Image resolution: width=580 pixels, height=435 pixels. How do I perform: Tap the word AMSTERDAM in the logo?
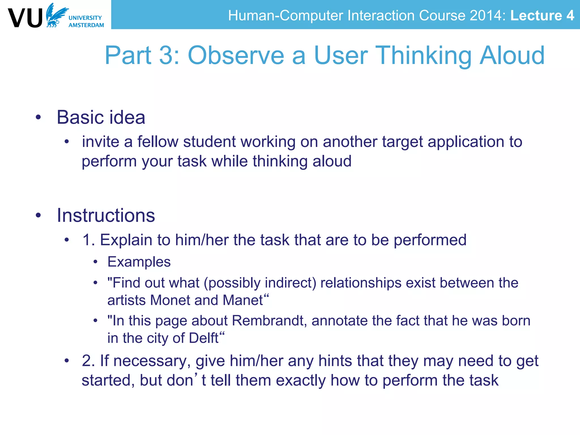[86, 25]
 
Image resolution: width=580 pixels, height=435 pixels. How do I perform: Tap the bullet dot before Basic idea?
[39, 117]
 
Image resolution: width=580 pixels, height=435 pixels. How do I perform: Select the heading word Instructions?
[106, 216]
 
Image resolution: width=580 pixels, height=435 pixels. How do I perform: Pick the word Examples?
[139, 262]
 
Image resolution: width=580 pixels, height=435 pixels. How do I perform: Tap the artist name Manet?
[243, 300]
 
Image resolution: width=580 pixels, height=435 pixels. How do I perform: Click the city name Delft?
[203, 338]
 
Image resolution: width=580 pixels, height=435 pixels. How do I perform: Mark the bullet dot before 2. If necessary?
[67, 361]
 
